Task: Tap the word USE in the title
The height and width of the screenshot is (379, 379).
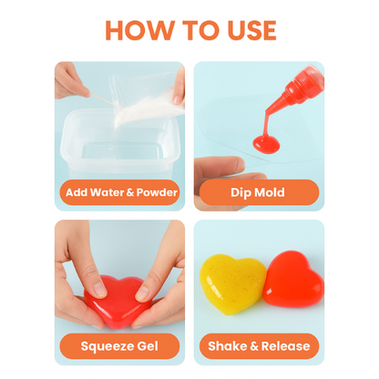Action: (x=251, y=30)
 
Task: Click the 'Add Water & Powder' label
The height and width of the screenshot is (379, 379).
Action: (x=121, y=192)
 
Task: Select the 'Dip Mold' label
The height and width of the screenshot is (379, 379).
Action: (x=259, y=192)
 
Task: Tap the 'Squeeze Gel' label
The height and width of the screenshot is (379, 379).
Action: (x=119, y=346)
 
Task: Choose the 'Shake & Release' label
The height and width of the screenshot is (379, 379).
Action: (x=259, y=346)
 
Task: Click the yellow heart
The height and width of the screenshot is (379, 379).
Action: (x=232, y=284)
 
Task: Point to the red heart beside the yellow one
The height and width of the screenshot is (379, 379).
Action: (x=293, y=279)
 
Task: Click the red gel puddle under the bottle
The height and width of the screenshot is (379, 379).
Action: (x=266, y=144)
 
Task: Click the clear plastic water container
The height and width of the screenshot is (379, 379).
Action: (x=121, y=144)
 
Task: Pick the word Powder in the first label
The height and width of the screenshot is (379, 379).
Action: (x=157, y=192)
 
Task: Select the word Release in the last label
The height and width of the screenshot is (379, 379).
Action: (x=285, y=346)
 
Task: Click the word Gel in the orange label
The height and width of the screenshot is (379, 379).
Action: (x=148, y=346)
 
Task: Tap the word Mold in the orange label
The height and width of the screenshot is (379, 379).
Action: (x=270, y=192)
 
